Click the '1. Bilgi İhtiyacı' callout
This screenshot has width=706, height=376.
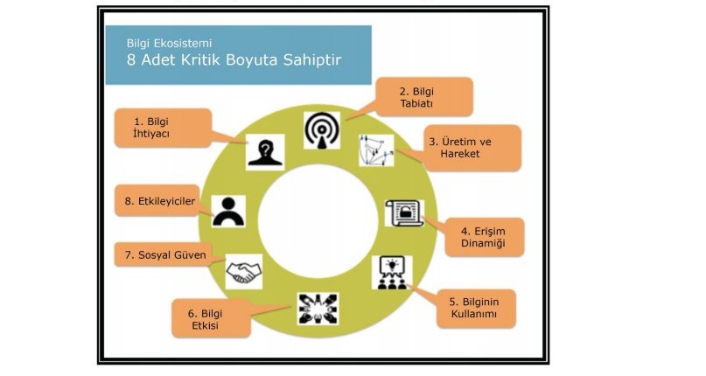[163, 128]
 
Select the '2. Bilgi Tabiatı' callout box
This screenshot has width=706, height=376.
[424, 97]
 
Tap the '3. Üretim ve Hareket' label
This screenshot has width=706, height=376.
[472, 148]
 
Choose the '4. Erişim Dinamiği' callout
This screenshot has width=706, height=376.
[485, 237]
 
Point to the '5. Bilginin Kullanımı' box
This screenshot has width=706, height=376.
[476, 309]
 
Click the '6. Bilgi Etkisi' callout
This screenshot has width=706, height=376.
[211, 319]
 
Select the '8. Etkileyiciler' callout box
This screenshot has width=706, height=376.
[157, 201]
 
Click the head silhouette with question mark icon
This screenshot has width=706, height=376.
[265, 152]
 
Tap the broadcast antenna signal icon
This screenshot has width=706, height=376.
[321, 130]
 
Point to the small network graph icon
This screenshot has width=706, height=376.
[376, 150]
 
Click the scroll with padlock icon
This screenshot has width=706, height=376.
[404, 213]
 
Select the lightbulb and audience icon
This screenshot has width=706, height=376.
[392, 273]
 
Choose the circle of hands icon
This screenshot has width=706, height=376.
[318, 310]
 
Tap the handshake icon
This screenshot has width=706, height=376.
[243, 272]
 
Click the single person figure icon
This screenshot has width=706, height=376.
[228, 212]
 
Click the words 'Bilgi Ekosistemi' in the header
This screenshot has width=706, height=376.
[169, 43]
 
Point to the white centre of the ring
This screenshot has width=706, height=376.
[318, 221]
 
